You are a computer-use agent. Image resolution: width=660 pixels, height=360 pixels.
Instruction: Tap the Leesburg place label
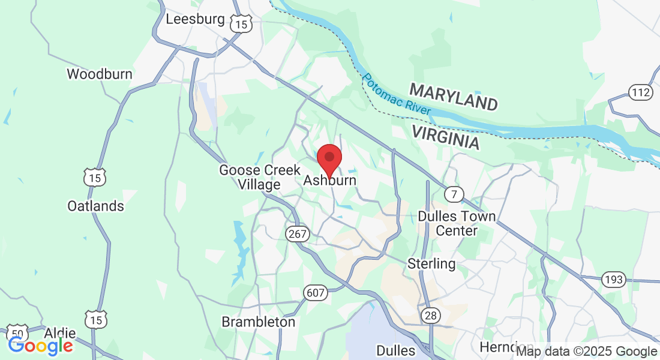click(195, 19)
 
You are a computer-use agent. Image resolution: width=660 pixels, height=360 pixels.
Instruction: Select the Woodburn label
click(99, 74)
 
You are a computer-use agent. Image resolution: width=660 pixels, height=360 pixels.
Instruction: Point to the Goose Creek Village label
click(259, 177)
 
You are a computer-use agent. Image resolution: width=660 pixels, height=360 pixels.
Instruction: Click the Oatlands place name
click(95, 206)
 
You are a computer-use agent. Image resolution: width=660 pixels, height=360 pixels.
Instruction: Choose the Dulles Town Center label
click(457, 223)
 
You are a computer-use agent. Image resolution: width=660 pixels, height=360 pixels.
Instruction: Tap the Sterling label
click(431, 263)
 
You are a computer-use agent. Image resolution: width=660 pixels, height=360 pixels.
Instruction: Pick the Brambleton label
click(259, 322)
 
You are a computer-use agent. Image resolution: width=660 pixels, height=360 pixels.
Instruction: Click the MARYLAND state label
click(454, 97)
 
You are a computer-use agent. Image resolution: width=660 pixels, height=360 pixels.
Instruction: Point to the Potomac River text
click(396, 95)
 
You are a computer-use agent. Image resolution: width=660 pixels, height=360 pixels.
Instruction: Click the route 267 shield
click(297, 235)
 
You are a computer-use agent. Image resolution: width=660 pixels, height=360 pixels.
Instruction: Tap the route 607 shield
click(315, 293)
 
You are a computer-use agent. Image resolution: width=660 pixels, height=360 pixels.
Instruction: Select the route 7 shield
click(454, 194)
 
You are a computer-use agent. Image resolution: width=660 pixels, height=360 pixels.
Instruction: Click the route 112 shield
click(641, 92)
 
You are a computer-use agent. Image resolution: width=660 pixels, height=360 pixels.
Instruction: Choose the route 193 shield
click(615, 280)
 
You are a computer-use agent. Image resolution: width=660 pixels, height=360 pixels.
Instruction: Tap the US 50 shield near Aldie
click(17, 333)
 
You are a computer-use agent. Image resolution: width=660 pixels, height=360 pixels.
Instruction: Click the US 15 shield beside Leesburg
click(242, 24)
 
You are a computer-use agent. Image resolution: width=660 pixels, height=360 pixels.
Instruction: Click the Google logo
click(40, 346)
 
